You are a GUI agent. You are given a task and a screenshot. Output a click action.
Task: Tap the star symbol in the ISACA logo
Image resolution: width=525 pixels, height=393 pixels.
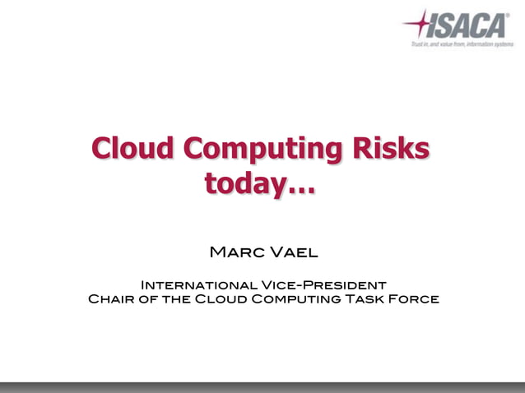tap(420, 23)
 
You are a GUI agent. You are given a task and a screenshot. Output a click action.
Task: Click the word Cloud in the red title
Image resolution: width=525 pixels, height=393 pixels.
tap(132, 150)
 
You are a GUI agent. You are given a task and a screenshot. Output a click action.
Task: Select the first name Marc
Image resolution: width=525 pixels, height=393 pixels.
tap(236, 251)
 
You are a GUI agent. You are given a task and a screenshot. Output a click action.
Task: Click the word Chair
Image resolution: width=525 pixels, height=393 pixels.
tap(111, 298)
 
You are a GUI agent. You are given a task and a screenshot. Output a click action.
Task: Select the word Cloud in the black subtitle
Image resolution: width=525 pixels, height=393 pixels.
tap(221, 298)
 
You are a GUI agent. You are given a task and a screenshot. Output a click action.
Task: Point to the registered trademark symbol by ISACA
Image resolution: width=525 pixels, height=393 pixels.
tap(509, 14)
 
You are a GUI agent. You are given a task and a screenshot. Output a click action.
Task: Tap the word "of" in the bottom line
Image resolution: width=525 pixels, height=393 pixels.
tap(148, 298)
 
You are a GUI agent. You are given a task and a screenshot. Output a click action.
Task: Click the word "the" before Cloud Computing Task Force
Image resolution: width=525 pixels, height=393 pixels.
tap(176, 298)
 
